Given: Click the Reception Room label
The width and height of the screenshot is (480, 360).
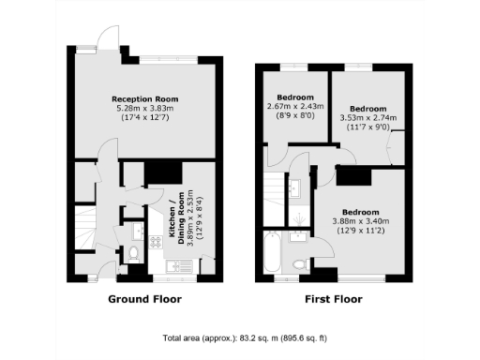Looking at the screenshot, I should (x=144, y=98).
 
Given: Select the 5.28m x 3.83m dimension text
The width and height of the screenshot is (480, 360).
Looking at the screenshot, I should (x=144, y=108).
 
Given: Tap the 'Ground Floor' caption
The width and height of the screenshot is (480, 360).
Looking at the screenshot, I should (x=144, y=300).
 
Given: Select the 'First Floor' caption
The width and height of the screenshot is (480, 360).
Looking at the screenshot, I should (x=334, y=300).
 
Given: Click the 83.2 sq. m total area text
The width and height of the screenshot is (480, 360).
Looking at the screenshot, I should (x=239, y=337).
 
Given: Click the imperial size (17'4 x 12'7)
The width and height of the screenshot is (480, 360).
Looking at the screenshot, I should (x=144, y=117).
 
